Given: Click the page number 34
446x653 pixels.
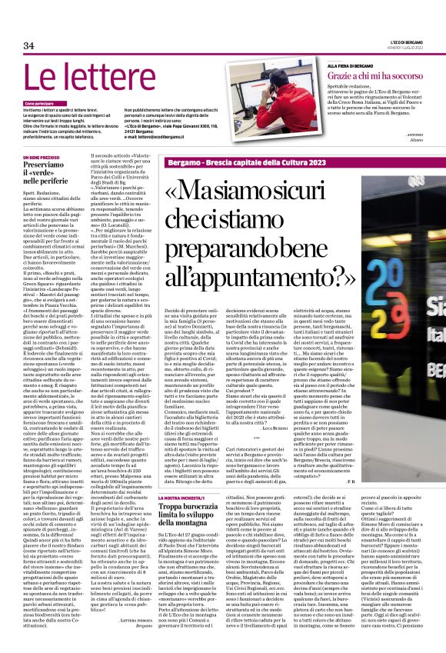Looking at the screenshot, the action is click(29, 45).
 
